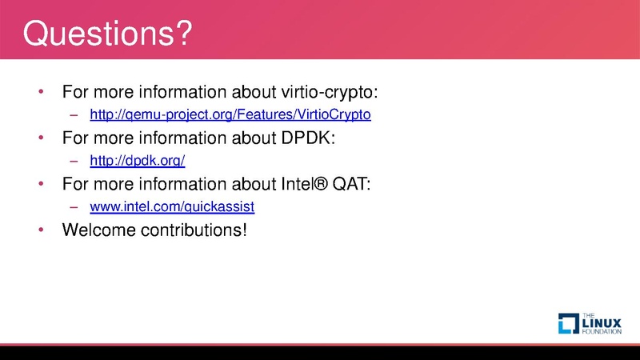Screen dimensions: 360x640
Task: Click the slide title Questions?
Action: coord(107,34)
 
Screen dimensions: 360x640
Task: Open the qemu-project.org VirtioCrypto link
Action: coord(230,114)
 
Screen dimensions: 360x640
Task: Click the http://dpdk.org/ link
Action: coord(138,161)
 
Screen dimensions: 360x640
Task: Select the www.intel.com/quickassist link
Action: coord(172,207)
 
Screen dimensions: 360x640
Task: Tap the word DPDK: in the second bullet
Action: coord(307,138)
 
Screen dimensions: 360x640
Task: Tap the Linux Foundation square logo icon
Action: coord(568,322)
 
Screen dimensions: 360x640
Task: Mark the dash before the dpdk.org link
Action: coord(74,161)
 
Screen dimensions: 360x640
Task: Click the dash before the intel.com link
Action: coord(74,207)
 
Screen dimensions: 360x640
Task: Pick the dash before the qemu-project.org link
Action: coord(74,114)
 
